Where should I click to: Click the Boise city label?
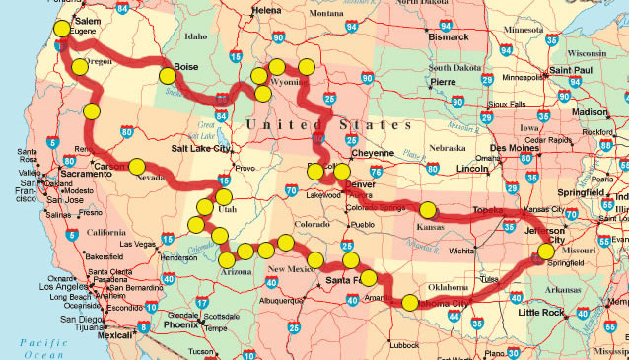187,68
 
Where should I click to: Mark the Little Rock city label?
542,313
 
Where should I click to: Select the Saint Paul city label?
569,71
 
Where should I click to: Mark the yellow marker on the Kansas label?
428,210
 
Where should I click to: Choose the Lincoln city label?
472,169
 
